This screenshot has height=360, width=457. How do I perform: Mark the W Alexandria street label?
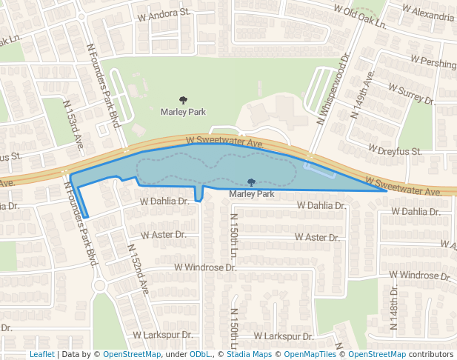(x=428, y=13)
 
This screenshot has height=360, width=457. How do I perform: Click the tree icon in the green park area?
(x=183, y=99)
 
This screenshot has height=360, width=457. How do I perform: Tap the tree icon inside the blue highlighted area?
(x=251, y=182)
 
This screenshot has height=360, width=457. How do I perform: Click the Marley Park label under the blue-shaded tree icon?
(x=252, y=194)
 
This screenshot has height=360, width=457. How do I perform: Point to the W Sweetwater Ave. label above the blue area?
(x=224, y=140)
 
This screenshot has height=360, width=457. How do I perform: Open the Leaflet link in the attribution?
(x=41, y=354)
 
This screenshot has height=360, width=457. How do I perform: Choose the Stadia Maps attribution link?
(x=247, y=354)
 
